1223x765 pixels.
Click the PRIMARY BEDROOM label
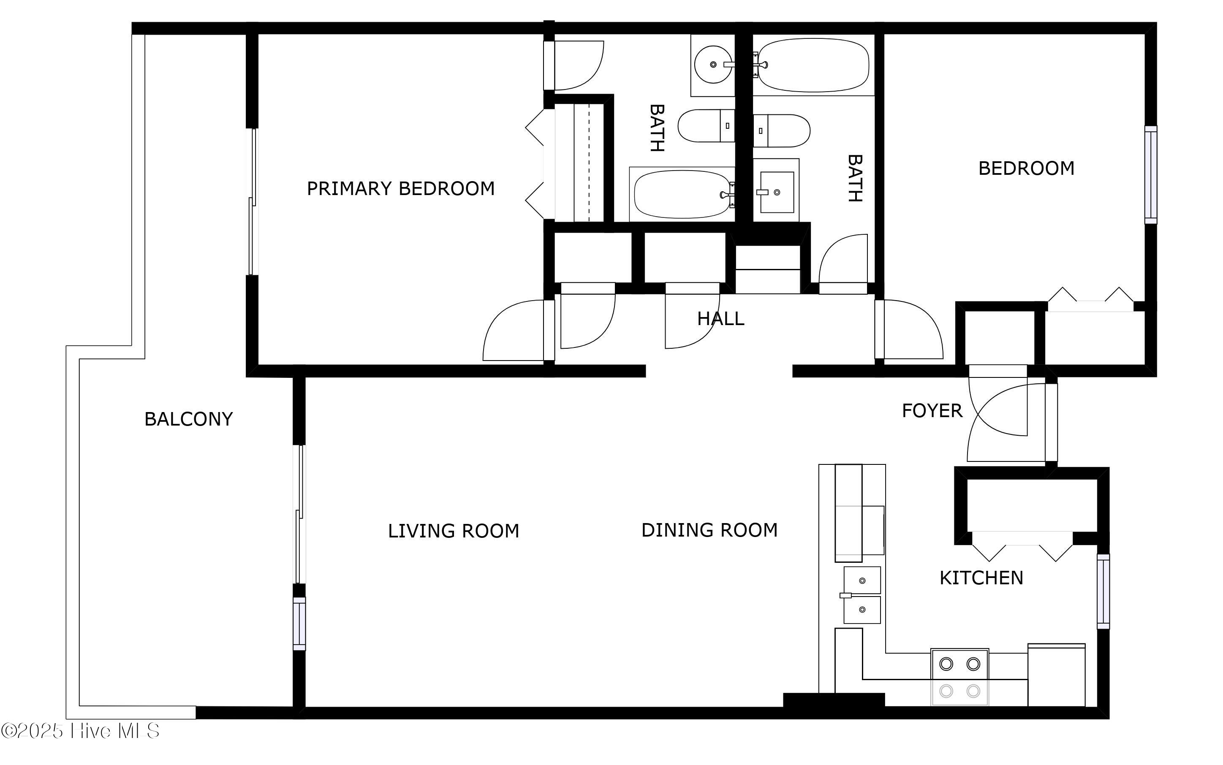[400, 189]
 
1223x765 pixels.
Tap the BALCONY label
[188, 419]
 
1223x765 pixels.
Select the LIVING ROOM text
[454, 531]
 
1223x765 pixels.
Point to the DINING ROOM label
[709, 530]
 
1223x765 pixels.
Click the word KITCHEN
[981, 578]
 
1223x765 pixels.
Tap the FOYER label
[932, 410]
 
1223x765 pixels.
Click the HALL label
[720, 319]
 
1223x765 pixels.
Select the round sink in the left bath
[713, 65]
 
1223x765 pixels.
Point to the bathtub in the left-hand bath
[682, 194]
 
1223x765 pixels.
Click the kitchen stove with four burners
[959, 677]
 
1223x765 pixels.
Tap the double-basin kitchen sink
[862, 595]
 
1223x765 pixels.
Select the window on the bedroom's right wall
[1151, 174]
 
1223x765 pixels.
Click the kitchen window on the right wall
[1103, 591]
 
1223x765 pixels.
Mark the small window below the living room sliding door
[299, 623]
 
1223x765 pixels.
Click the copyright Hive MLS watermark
[81, 731]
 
